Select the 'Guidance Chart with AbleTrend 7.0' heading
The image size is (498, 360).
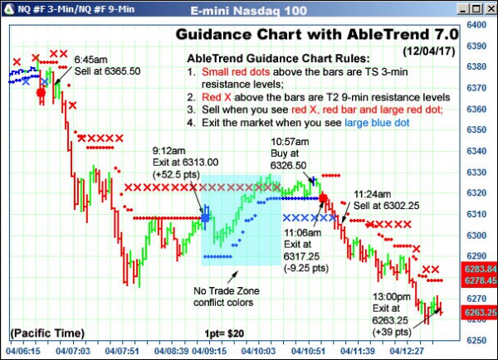[x=316, y=35]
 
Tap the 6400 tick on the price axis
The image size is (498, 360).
[x=477, y=25]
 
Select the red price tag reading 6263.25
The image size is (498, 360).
[x=481, y=313]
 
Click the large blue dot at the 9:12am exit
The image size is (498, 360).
[x=205, y=218]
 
